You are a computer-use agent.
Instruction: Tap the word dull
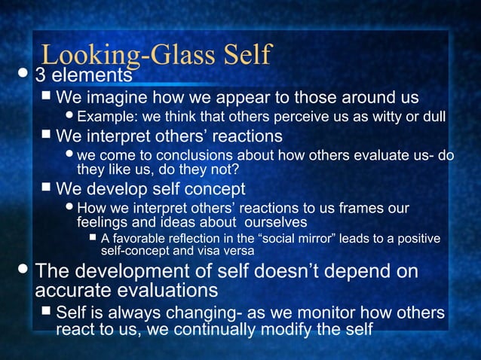click(432, 117)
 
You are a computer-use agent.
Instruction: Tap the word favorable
click(140, 239)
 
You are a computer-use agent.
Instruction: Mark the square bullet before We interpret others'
click(47, 135)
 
